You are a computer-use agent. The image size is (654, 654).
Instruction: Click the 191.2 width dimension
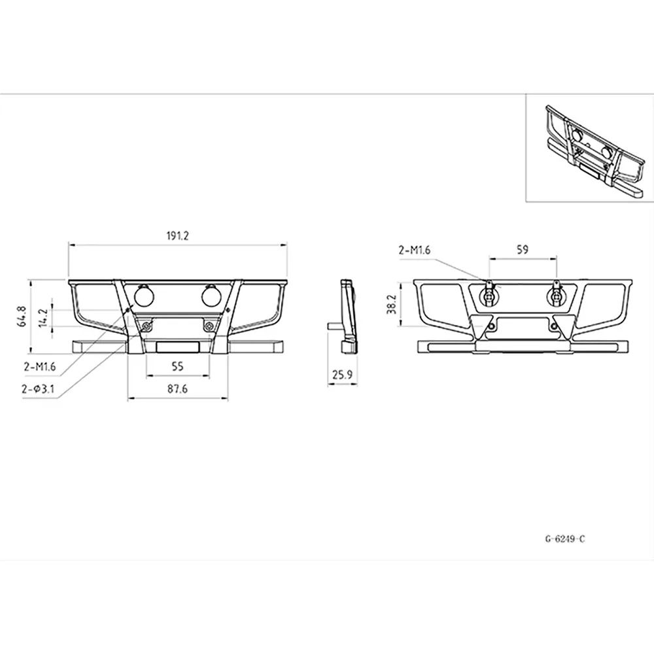(177, 237)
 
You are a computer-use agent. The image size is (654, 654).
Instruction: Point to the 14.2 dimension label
(43, 317)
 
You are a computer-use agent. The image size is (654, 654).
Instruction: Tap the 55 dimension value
(177, 366)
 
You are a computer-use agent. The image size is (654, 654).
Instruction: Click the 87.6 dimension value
(177, 388)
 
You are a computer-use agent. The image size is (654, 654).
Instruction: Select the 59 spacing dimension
(522, 249)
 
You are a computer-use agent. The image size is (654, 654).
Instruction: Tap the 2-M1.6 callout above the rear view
(415, 249)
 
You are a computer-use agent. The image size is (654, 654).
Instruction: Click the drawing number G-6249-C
(564, 540)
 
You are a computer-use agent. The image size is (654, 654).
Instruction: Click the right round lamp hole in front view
(211, 296)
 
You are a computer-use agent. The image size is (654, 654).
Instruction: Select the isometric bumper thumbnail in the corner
(589, 150)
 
